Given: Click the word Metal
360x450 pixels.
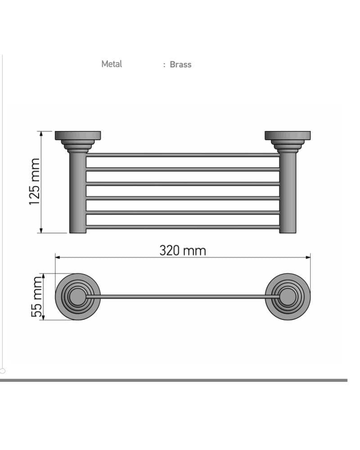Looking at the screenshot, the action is point(112,64).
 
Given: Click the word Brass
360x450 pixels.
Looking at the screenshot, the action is point(180,64).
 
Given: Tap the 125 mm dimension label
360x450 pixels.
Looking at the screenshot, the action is point(35,182).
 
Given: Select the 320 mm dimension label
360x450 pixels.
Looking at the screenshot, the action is point(183,251).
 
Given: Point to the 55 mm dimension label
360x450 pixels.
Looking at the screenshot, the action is point(37,297).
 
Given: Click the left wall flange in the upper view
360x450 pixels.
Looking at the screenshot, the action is point(78,135).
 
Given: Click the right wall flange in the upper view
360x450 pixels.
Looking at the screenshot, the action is point(288,135).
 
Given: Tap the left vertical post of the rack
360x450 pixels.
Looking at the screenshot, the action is point(78,192).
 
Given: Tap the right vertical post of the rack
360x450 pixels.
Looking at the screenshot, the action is point(288,192).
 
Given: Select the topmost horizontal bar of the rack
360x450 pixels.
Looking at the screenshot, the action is point(183,155).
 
